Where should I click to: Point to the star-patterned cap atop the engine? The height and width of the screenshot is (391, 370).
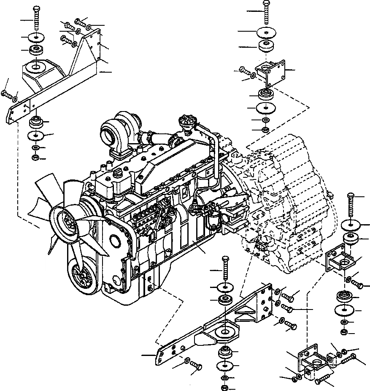pos(187,121)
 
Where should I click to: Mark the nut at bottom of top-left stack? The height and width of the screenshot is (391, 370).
pos(35,158)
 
